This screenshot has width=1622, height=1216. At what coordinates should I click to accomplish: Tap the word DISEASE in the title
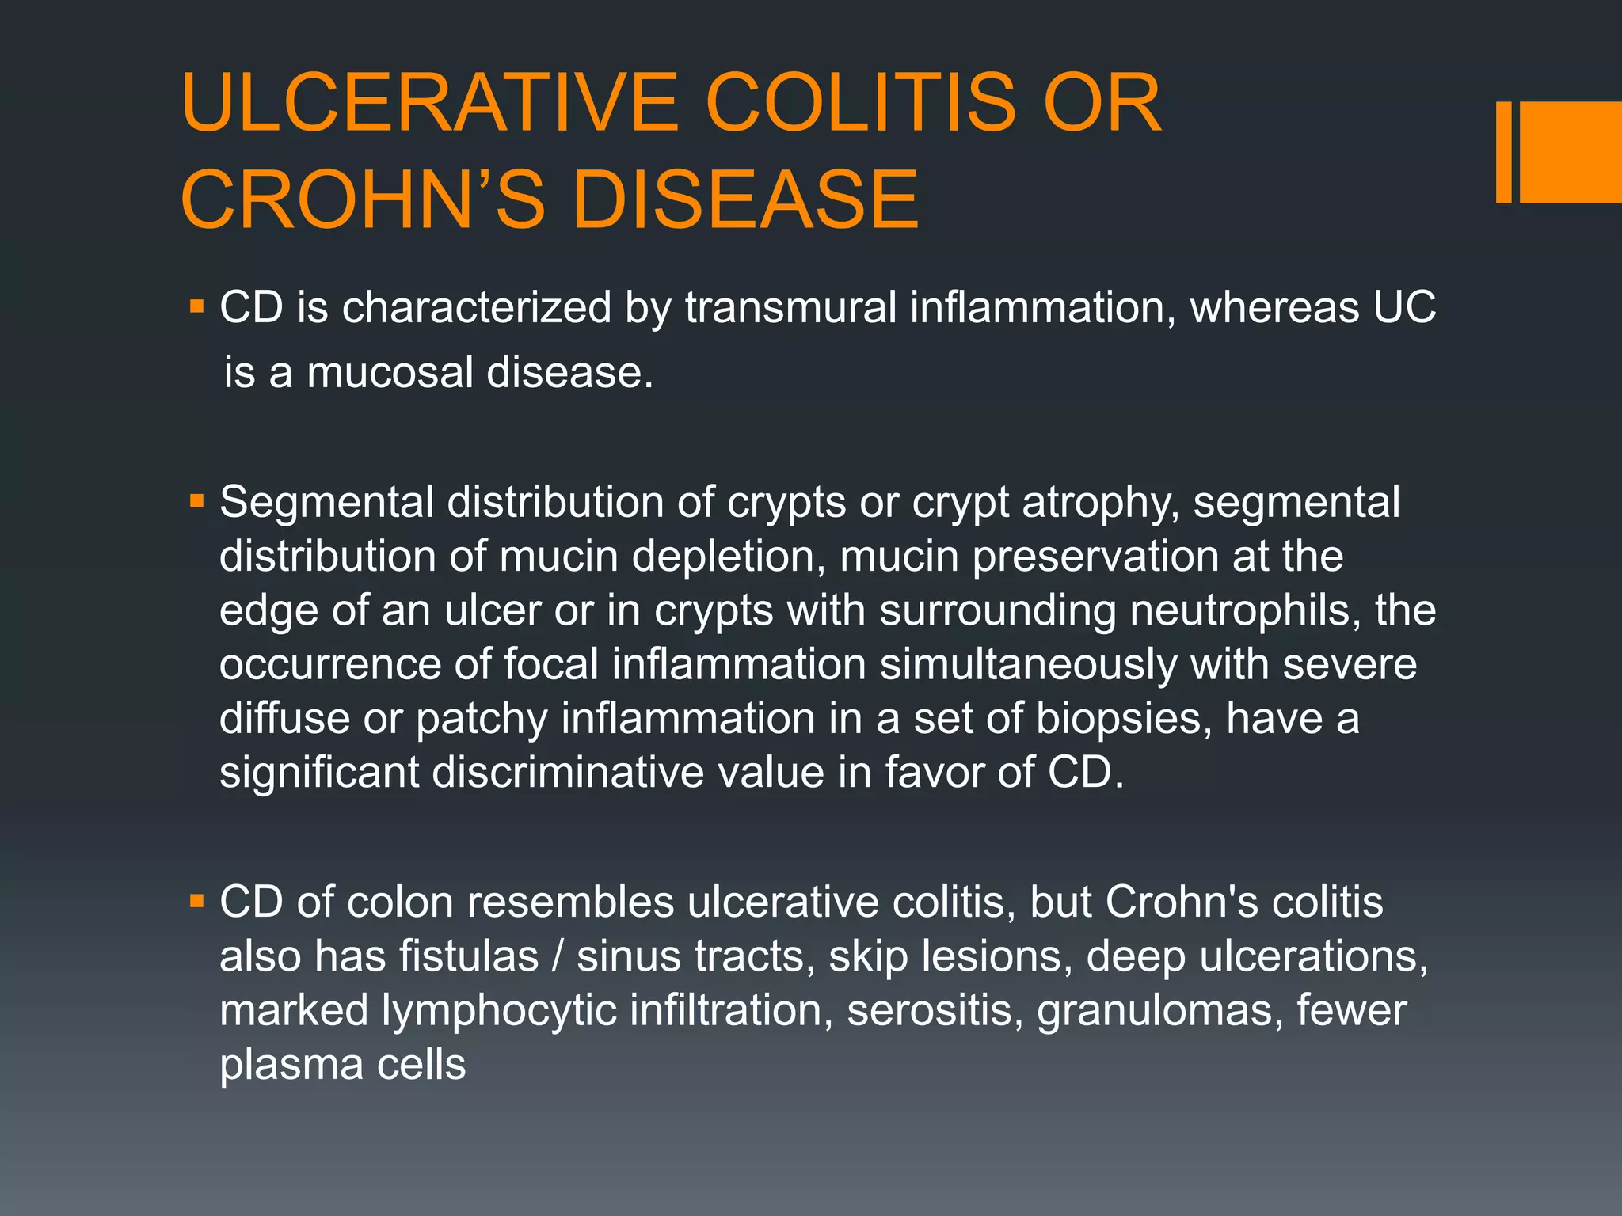(745, 199)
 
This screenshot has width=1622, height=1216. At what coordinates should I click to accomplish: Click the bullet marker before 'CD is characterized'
(197, 306)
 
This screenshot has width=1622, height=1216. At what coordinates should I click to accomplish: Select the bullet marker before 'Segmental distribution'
(197, 500)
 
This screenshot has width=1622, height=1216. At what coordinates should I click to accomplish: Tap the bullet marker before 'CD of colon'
(197, 900)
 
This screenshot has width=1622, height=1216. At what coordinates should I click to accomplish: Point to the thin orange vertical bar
(1503, 152)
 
